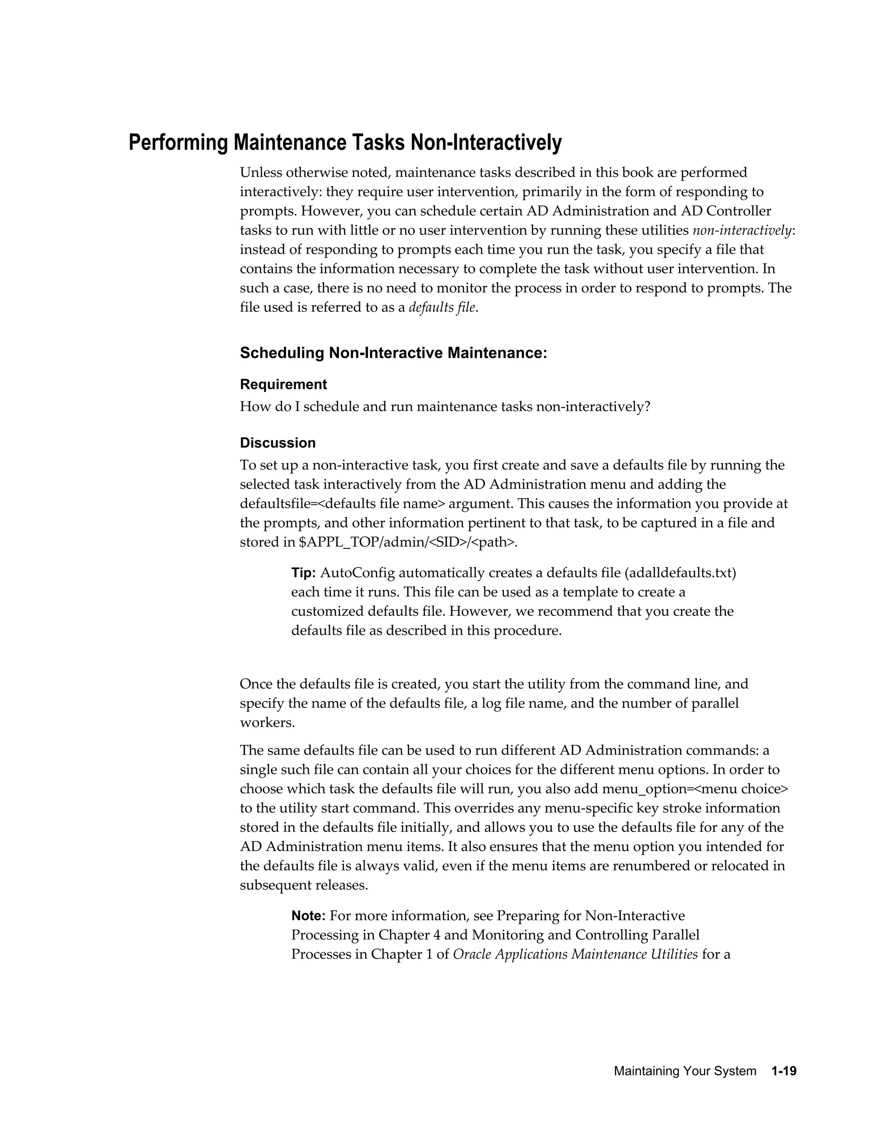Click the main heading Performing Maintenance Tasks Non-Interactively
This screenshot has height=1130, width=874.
345,142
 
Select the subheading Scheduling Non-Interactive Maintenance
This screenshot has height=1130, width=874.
393,353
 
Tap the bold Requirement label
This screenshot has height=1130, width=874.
283,385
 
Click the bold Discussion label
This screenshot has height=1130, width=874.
277,443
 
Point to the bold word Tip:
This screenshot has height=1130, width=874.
303,573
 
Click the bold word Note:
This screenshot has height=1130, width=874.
308,916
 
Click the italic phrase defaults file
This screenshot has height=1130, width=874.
442,307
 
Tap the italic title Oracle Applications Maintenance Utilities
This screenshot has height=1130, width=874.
575,954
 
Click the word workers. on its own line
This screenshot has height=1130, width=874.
267,722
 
